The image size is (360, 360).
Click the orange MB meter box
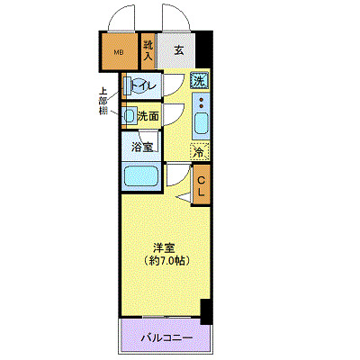(x=118, y=52)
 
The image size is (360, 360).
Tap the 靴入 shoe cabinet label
(x=148, y=51)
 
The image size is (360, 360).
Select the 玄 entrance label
(x=179, y=51)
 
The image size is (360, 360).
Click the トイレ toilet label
(x=145, y=85)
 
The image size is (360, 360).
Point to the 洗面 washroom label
(x=148, y=115)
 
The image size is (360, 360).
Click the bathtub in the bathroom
(x=140, y=176)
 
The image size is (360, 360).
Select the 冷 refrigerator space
(x=199, y=151)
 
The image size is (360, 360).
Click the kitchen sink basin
(x=199, y=122)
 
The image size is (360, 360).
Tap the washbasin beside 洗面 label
(x=129, y=115)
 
